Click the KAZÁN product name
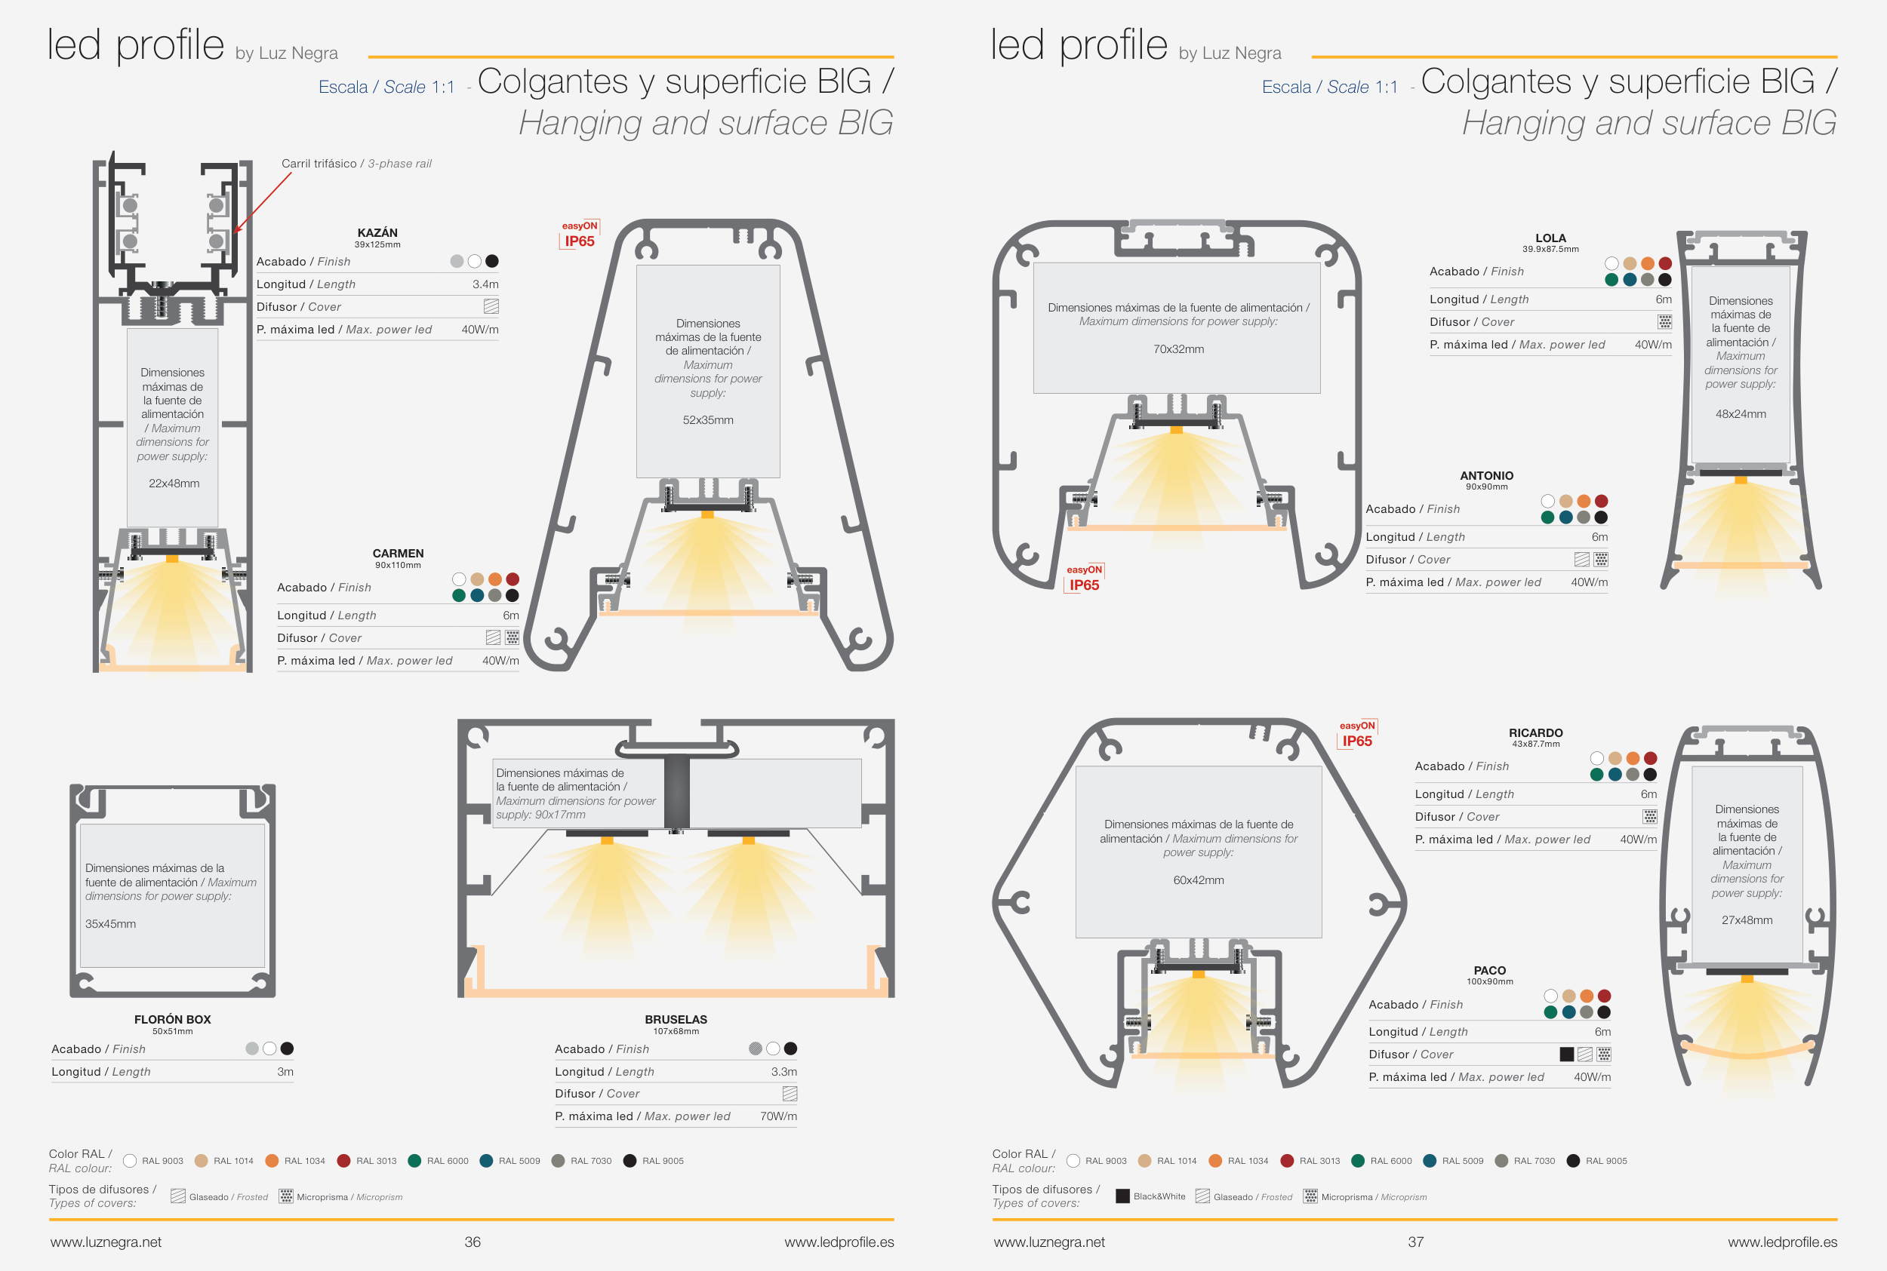pyautogui.click(x=377, y=232)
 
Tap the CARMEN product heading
pyautogui.click(x=399, y=554)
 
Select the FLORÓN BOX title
pyautogui.click(x=173, y=1020)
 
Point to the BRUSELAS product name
pyautogui.click(x=676, y=1020)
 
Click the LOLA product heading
pyautogui.click(x=1550, y=238)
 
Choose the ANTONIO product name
pyautogui.click(x=1486, y=476)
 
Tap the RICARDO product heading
pyautogui.click(x=1536, y=732)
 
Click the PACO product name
pyautogui.click(x=1490, y=970)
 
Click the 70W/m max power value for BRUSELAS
pyautogui.click(x=778, y=1116)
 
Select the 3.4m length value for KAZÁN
pyautogui.click(x=486, y=284)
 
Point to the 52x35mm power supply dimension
pyautogui.click(x=708, y=420)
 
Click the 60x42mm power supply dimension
pyautogui.click(x=1199, y=880)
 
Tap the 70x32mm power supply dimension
pyautogui.click(x=1178, y=349)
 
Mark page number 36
pyautogui.click(x=473, y=1242)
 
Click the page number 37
pyautogui.click(x=1416, y=1242)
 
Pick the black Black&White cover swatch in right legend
pyautogui.click(x=1123, y=1196)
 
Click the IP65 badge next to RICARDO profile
pyautogui.click(x=1357, y=741)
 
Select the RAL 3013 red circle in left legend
pyautogui.click(x=343, y=1161)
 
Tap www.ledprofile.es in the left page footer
pyautogui.click(x=839, y=1242)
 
